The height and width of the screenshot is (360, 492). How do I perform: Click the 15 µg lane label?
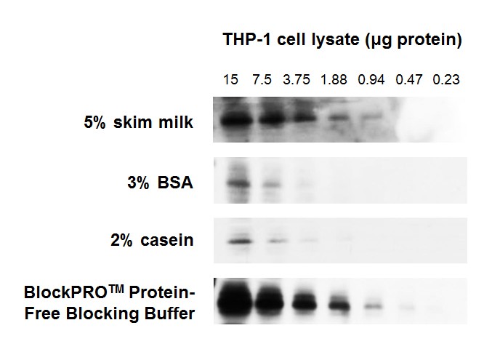[230, 79]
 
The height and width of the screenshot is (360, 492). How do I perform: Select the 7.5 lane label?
[262, 79]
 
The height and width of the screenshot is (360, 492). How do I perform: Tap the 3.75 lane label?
[297, 79]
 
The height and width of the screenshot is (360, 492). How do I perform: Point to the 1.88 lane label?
[334, 79]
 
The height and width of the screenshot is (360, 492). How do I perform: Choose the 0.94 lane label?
[371, 79]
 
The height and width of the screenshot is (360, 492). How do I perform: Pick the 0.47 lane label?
[409, 79]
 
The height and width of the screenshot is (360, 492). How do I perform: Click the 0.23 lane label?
[446, 79]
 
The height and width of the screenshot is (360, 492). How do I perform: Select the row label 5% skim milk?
[138, 122]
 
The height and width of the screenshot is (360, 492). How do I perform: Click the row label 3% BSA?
[160, 183]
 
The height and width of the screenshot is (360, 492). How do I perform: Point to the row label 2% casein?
[152, 240]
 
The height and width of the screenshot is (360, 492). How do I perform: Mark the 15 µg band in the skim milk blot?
[237, 120]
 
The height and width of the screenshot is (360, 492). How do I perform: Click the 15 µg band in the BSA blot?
[239, 183]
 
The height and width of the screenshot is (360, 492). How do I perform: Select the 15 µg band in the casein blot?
[240, 241]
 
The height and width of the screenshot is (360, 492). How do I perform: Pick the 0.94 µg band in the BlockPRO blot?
[374, 306]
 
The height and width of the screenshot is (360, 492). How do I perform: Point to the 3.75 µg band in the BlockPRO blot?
[305, 303]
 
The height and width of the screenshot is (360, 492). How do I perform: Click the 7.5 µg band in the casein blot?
[277, 241]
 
